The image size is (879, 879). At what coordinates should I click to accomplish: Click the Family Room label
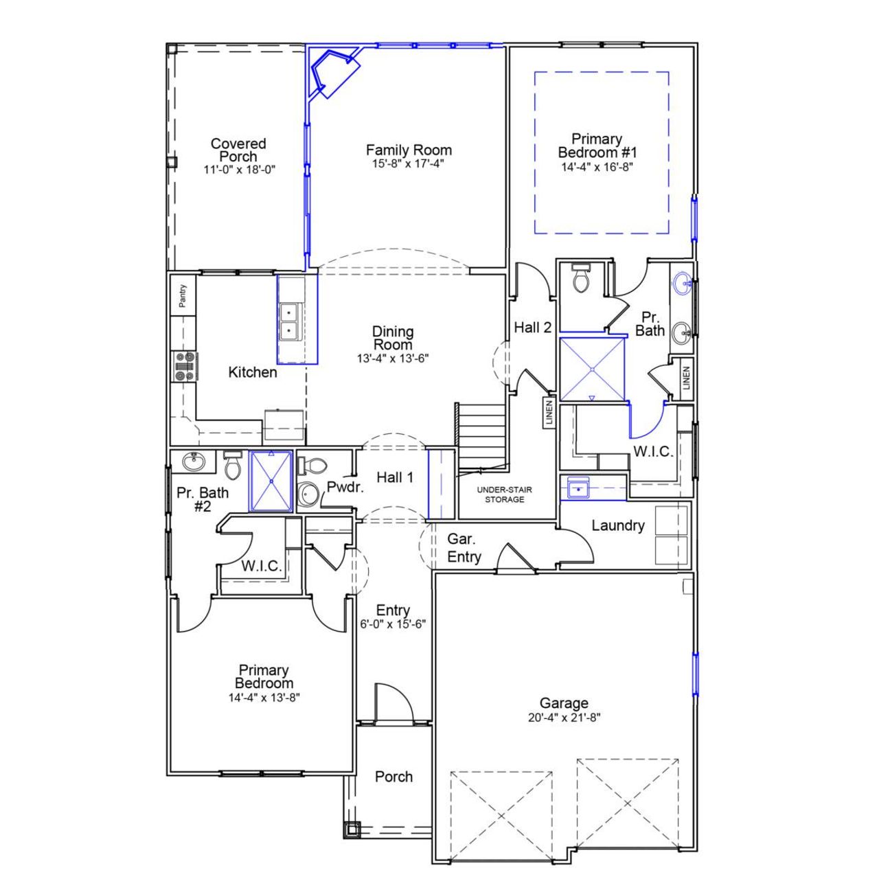click(x=409, y=150)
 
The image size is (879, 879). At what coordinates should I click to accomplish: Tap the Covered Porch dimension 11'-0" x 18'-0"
click(x=239, y=169)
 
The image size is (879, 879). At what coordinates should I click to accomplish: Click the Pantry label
click(x=183, y=295)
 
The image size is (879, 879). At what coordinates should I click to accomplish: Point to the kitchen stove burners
click(x=185, y=366)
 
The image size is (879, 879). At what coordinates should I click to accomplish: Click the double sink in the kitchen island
click(x=290, y=321)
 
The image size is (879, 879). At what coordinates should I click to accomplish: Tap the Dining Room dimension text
click(x=392, y=358)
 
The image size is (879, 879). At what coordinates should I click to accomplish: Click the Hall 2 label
click(x=532, y=328)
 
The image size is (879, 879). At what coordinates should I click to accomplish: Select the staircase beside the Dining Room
click(x=481, y=433)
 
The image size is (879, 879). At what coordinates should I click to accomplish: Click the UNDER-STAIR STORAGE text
click(x=504, y=494)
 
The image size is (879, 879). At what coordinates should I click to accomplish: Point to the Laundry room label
click(x=618, y=525)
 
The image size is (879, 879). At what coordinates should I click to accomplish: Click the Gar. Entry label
click(x=464, y=548)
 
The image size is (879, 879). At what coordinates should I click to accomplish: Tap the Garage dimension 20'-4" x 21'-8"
click(x=564, y=718)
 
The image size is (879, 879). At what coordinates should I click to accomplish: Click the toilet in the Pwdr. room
click(x=313, y=466)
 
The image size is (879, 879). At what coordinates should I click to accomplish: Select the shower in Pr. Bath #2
click(x=271, y=481)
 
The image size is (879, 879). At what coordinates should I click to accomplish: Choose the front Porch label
click(x=393, y=777)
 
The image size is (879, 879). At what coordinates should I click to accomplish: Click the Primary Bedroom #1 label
click(x=597, y=146)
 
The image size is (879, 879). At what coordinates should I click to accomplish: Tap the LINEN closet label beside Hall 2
click(x=549, y=413)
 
